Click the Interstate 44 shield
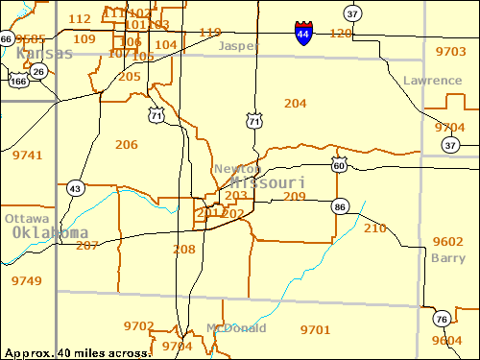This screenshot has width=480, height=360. (x=302, y=34)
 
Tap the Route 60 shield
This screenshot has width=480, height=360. (x=339, y=165)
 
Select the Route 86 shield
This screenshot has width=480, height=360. (x=340, y=205)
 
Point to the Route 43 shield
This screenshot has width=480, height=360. (x=75, y=188)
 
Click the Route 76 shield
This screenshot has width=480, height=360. (x=441, y=320)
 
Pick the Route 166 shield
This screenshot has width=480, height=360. (x=17, y=82)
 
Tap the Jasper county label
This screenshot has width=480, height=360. (x=238, y=46)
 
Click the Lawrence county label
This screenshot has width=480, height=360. (x=432, y=81)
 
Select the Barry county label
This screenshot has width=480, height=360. (x=447, y=258)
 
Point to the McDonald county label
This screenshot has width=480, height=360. (x=236, y=327)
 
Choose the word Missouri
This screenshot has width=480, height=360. (x=268, y=182)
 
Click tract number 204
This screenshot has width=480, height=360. (x=296, y=103)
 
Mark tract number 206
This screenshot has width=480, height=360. (x=126, y=144)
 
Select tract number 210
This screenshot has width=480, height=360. (x=374, y=228)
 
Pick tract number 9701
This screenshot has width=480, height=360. (x=315, y=329)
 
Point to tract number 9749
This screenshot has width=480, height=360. (x=27, y=280)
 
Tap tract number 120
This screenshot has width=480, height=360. (x=340, y=34)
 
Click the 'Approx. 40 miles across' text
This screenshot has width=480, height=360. (x=76, y=352)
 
